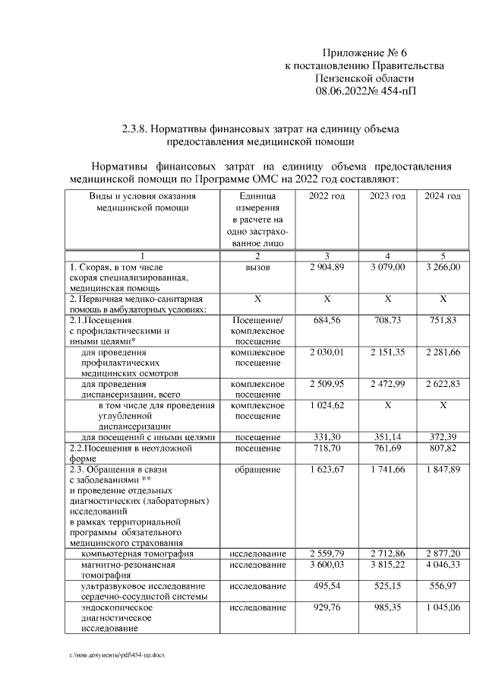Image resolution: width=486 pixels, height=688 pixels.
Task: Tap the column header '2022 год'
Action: click(x=327, y=196)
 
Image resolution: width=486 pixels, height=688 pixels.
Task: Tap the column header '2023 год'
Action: click(x=388, y=196)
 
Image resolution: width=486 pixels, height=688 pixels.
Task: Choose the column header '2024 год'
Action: click(x=443, y=196)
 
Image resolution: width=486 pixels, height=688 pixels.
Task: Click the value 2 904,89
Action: click(x=327, y=268)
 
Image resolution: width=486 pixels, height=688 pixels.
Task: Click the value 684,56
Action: click(x=327, y=321)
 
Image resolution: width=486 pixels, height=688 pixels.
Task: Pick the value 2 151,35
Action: click(x=388, y=353)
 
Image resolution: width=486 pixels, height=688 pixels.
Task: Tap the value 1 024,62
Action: click(x=327, y=405)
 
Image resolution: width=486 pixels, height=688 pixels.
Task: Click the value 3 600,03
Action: click(x=327, y=565)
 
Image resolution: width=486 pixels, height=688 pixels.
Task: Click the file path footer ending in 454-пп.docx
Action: click(x=117, y=655)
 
